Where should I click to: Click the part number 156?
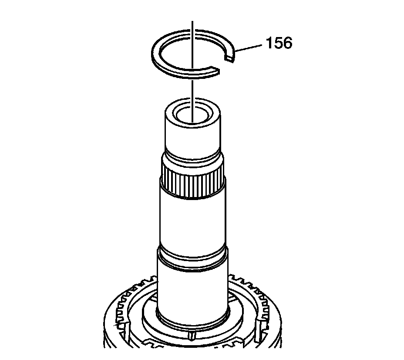[279, 43]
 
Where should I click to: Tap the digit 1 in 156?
[269, 43]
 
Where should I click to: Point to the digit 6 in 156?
[287, 43]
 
